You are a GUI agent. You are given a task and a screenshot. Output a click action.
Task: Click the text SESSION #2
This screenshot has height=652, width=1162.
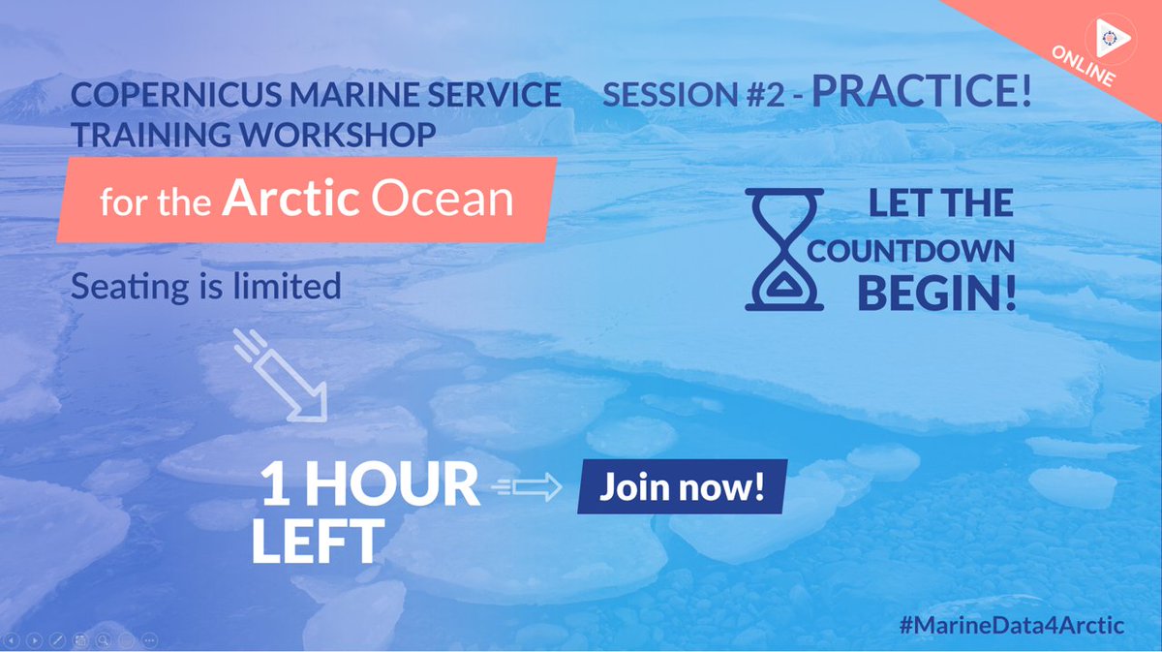[x=694, y=95]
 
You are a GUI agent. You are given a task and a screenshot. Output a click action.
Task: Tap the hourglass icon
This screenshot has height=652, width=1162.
[x=784, y=249]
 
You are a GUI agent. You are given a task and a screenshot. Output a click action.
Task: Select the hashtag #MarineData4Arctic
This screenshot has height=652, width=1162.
[x=1011, y=625]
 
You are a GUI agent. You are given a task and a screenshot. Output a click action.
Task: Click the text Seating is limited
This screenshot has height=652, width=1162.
[x=206, y=286]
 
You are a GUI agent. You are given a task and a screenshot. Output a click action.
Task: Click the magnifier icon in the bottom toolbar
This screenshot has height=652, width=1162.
[x=102, y=640]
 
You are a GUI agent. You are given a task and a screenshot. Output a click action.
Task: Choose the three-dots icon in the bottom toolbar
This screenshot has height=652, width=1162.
[x=149, y=640]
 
